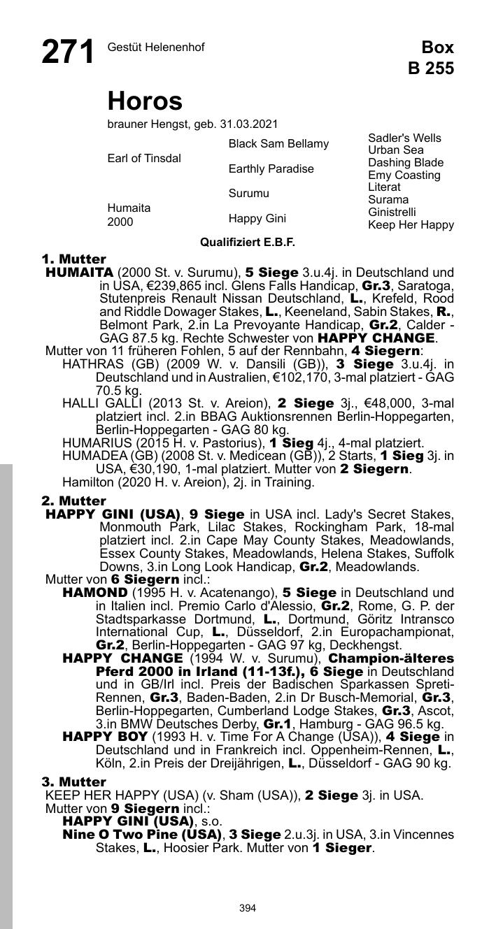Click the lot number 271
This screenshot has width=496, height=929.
67,52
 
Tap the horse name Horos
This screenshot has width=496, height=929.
145,101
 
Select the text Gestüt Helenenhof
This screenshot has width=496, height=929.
155,48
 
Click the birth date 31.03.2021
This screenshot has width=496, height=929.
248,124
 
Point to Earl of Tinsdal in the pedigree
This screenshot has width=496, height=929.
144,159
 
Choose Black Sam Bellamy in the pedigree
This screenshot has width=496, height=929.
278,144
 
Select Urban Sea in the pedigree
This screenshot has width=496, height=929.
395,150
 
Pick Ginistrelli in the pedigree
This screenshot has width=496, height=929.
392,213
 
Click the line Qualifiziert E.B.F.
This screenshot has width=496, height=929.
248,243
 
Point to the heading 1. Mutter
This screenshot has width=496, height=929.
73,259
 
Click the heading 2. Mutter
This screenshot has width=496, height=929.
73,501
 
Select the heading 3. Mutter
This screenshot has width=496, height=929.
73,782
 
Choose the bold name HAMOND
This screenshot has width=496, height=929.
94,593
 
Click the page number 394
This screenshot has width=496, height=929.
248,908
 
